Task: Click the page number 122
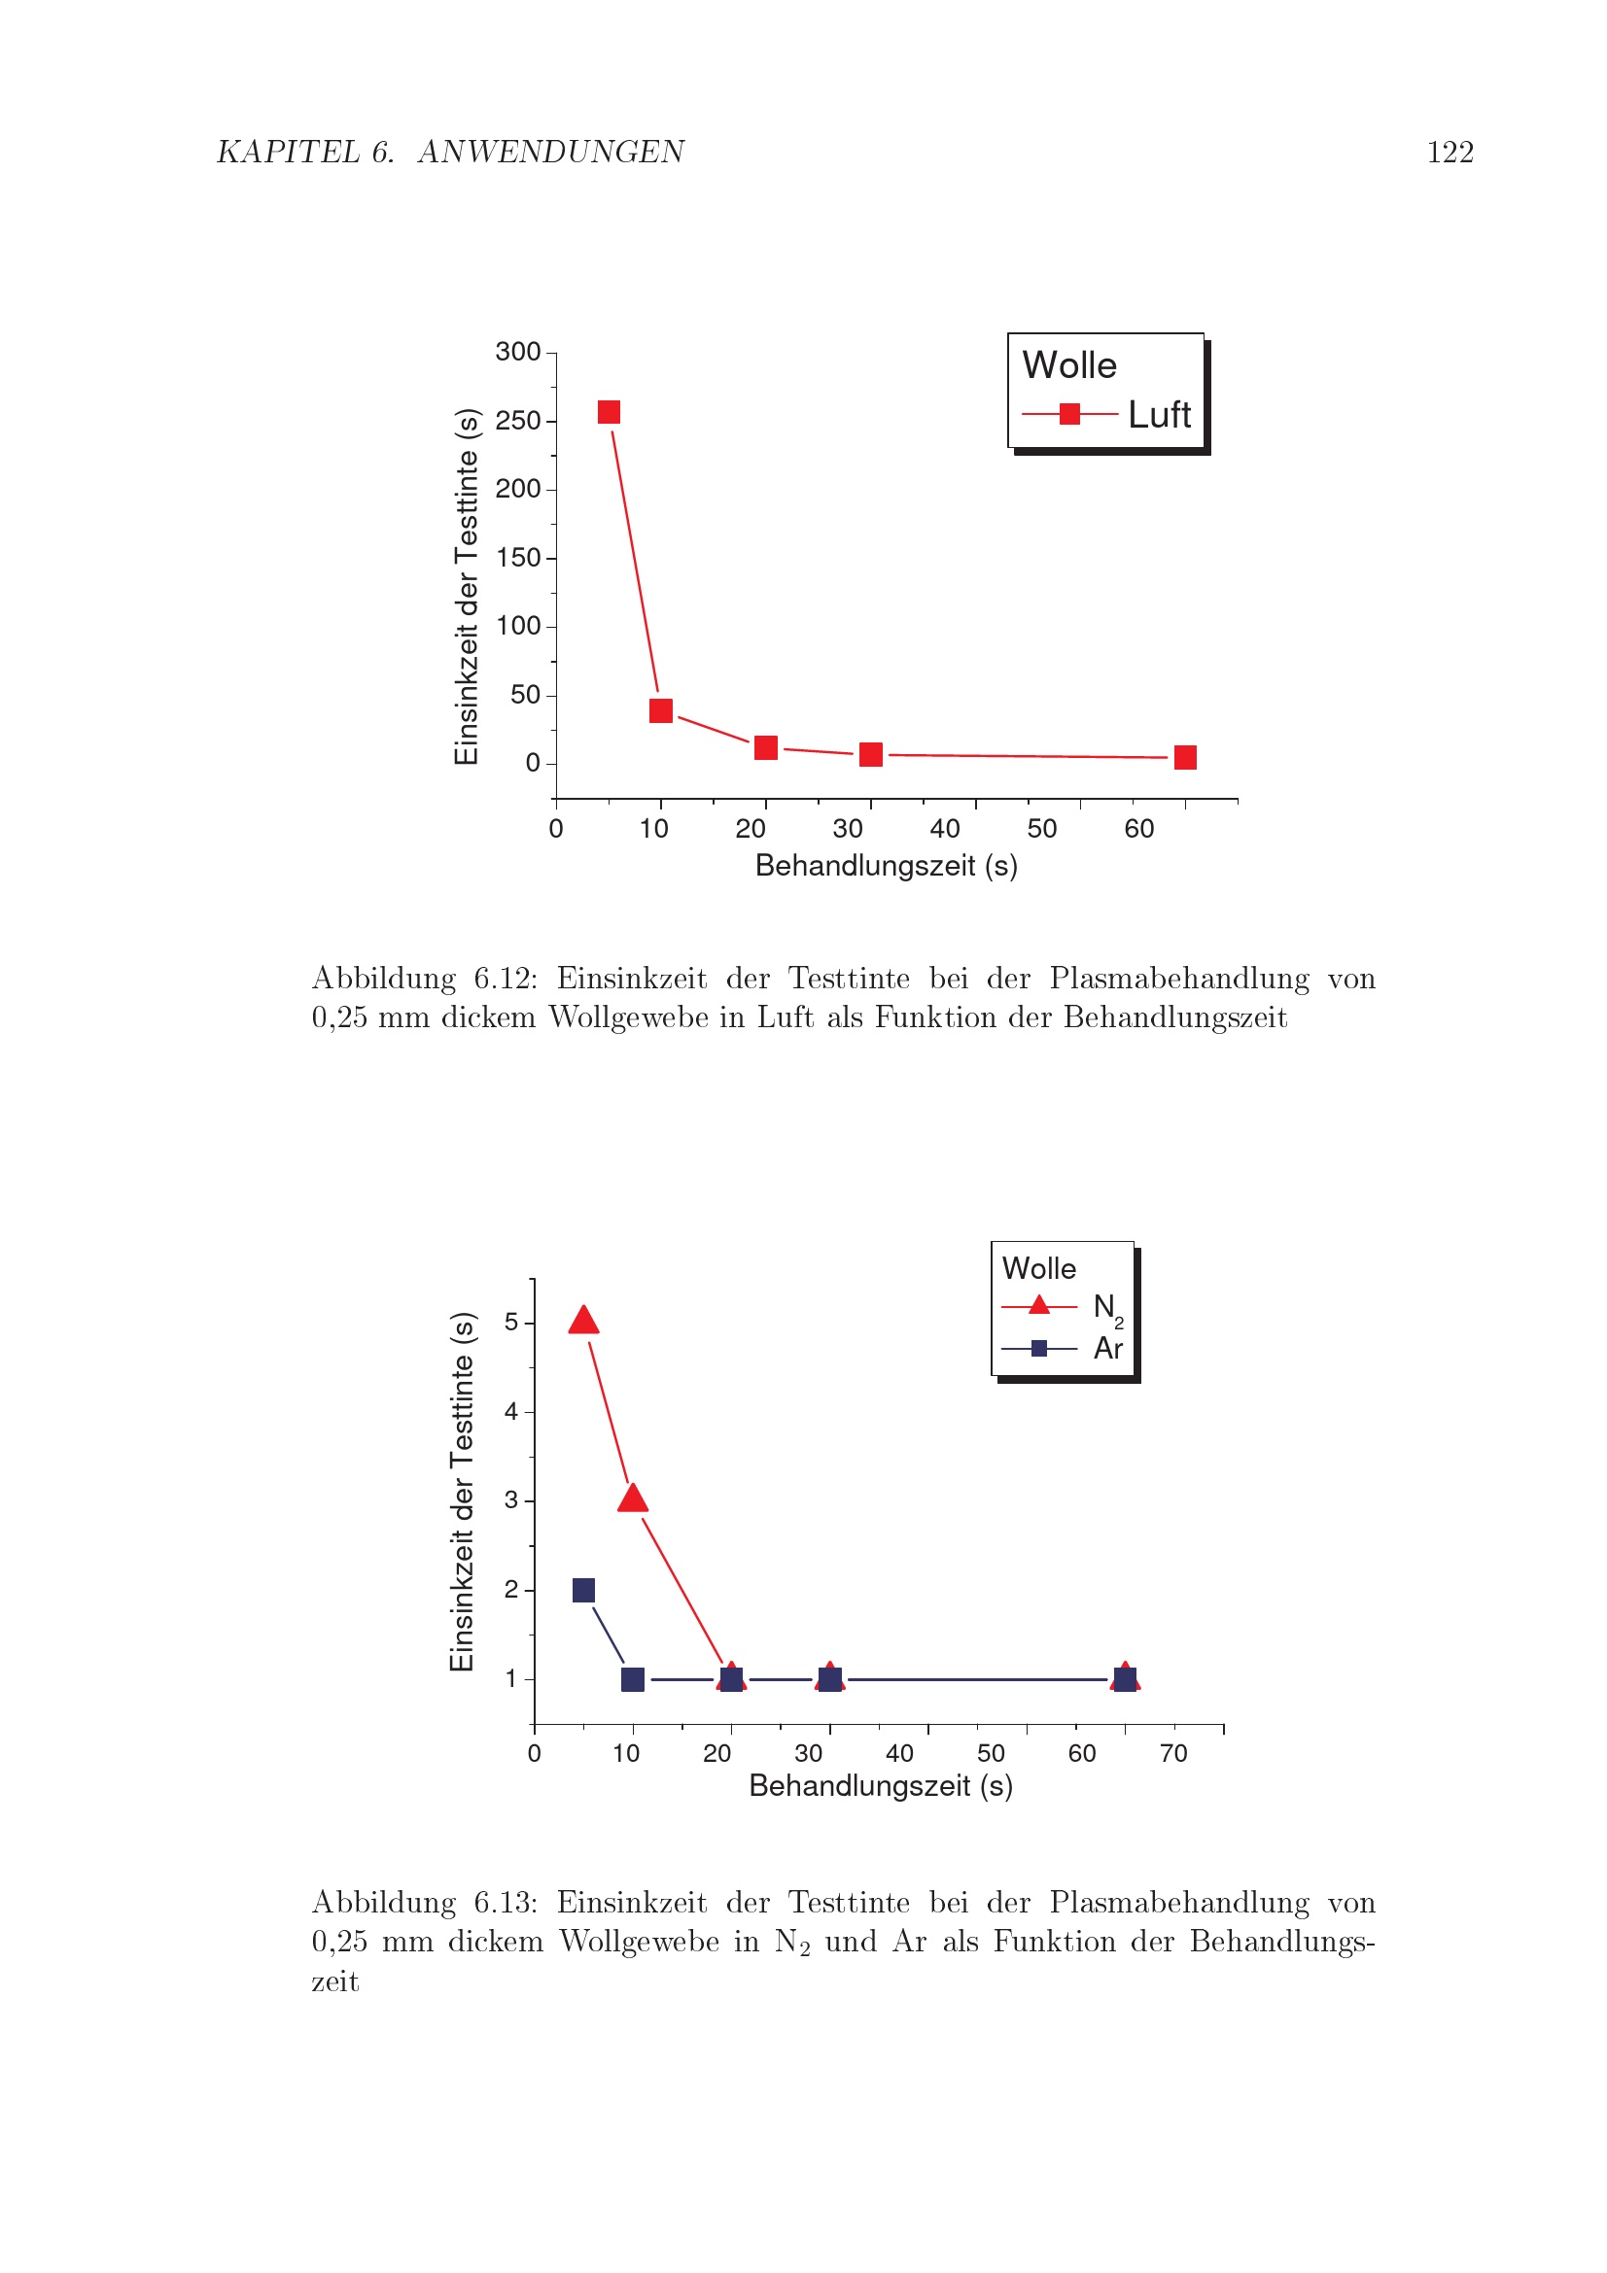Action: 1449,152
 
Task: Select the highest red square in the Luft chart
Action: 609,412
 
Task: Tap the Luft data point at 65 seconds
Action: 1184,757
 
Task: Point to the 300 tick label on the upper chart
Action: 518,352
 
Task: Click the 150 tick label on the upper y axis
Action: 518,558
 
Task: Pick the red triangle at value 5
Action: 583,1321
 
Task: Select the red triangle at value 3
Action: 633,1498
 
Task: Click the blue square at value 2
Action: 583,1590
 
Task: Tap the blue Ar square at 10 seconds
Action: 633,1679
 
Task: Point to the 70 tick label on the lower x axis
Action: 1173,1753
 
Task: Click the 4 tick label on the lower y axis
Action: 511,1411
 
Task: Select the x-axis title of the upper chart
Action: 887,866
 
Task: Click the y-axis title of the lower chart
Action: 463,1491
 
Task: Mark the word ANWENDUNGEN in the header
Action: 550,152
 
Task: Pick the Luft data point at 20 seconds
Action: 765,747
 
